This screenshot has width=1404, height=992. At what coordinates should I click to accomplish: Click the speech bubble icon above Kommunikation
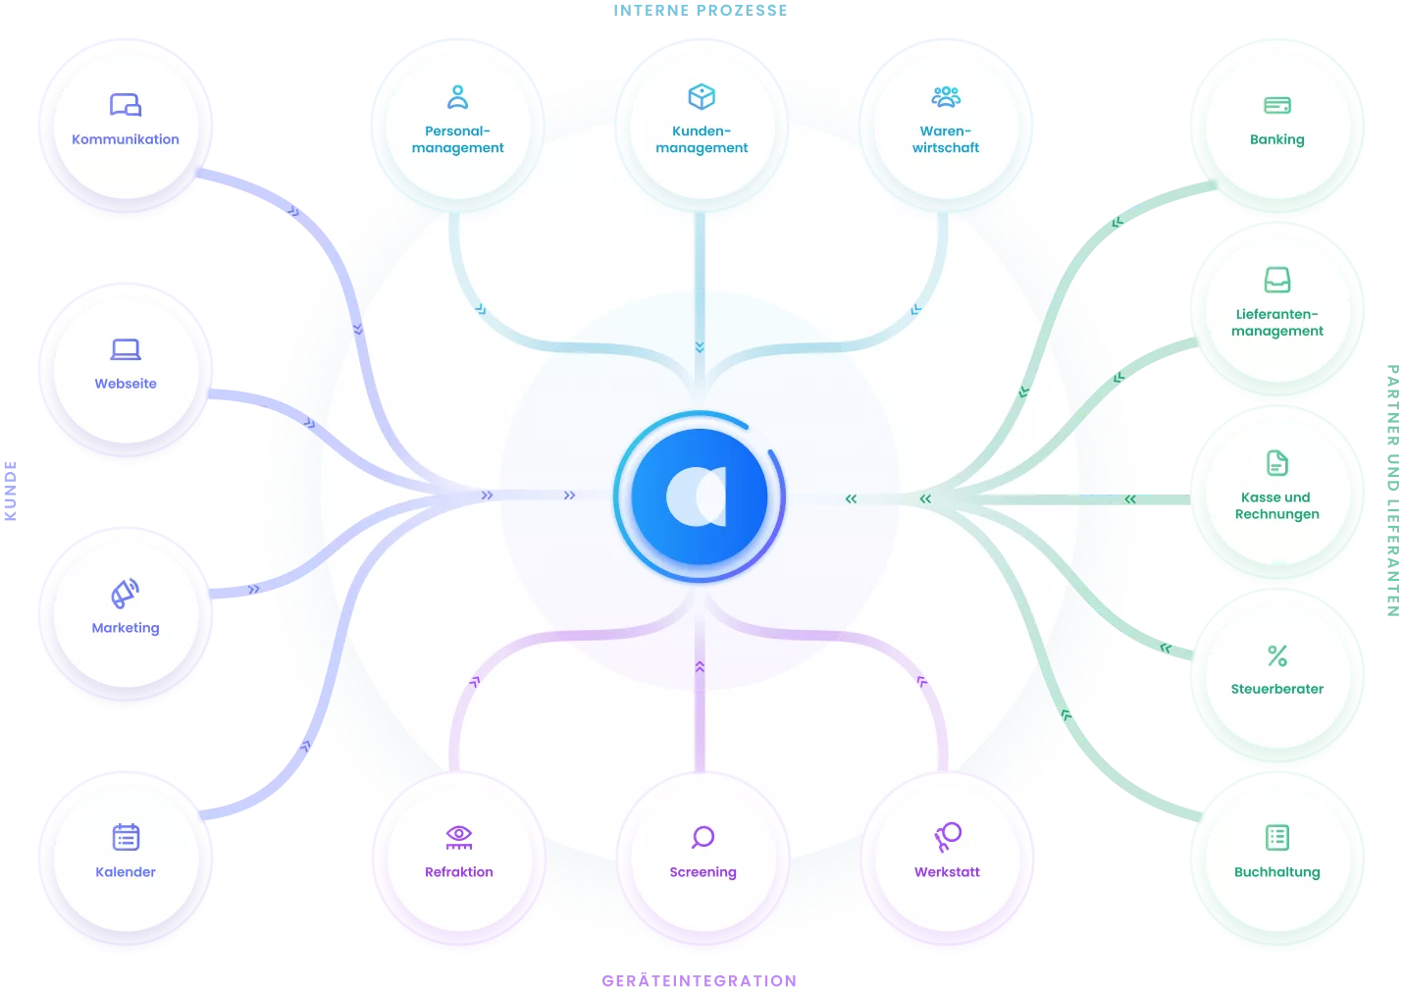[x=126, y=105]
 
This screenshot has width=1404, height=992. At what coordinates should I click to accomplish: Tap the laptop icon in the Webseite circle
[x=126, y=349]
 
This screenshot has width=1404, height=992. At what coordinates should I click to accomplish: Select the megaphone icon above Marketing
[x=125, y=594]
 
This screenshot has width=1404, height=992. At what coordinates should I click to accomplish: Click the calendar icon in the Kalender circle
[x=126, y=837]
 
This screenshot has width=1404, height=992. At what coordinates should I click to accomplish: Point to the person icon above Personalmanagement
[x=458, y=97]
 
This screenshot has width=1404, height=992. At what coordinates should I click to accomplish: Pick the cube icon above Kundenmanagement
[x=702, y=97]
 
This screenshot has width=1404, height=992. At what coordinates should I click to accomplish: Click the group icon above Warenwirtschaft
[x=946, y=97]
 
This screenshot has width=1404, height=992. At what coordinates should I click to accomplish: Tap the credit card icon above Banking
[x=1277, y=105]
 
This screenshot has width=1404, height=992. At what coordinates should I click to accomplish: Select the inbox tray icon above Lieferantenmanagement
[x=1277, y=280]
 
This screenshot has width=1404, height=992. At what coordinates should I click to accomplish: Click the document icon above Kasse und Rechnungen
[x=1277, y=463]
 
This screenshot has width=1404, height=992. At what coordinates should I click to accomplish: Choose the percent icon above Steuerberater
[x=1277, y=655]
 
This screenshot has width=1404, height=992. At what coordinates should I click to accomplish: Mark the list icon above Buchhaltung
[x=1277, y=837]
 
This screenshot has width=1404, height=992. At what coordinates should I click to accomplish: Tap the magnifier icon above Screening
[x=702, y=837]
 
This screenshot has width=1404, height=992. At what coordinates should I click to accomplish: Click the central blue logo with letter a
[x=700, y=496]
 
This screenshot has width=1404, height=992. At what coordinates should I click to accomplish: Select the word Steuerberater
[x=1277, y=689]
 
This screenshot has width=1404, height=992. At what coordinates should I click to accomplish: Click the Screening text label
[x=702, y=872]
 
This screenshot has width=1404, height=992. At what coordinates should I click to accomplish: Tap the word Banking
[x=1277, y=139]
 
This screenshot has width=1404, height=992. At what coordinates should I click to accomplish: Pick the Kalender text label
[x=126, y=872]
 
